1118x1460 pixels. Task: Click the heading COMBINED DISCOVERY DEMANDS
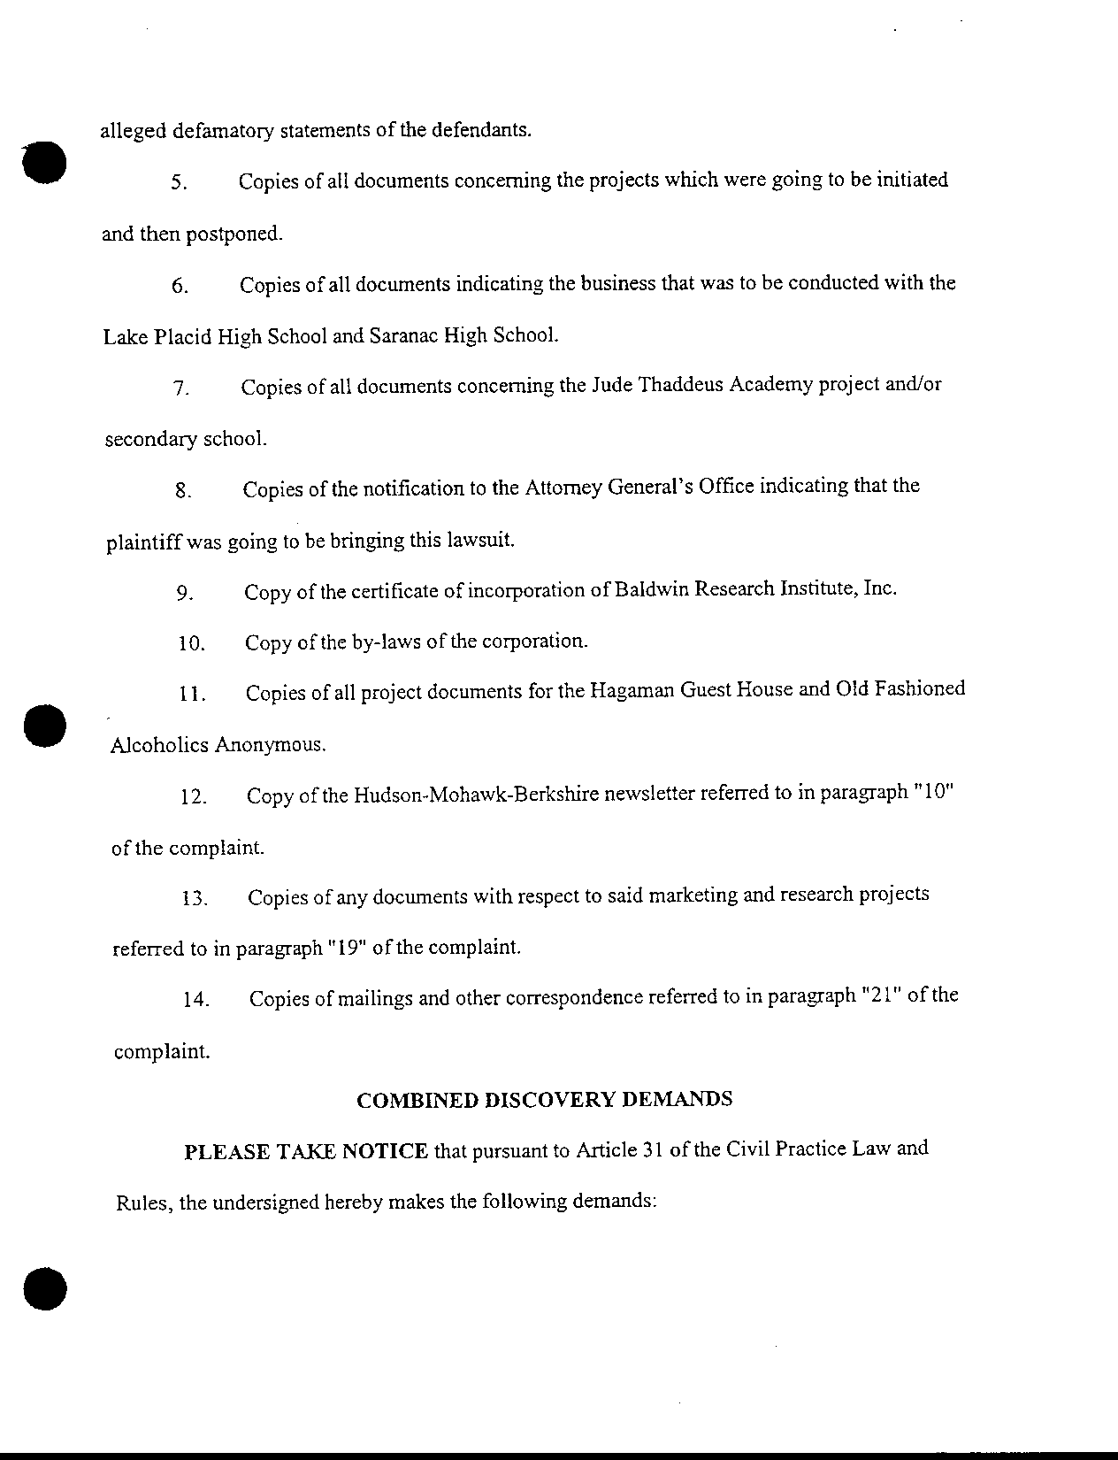pyautogui.click(x=544, y=1099)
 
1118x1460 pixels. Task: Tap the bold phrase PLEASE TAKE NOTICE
pyautogui.click(x=306, y=1151)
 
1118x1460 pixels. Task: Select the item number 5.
pyautogui.click(x=178, y=183)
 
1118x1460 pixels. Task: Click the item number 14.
pyautogui.click(x=195, y=1001)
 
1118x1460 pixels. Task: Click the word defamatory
pyautogui.click(x=224, y=131)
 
